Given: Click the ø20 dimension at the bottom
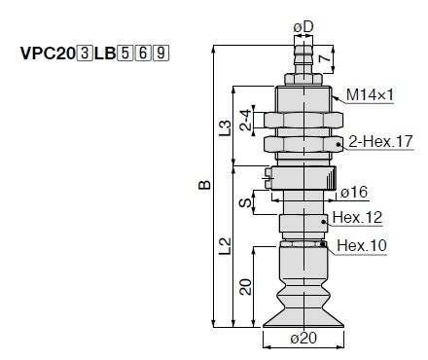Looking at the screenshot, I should click(303, 340).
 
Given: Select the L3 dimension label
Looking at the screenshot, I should click(226, 126).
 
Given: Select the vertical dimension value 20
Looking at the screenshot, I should click(247, 286).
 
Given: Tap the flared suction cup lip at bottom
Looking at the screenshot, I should click(303, 317).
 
